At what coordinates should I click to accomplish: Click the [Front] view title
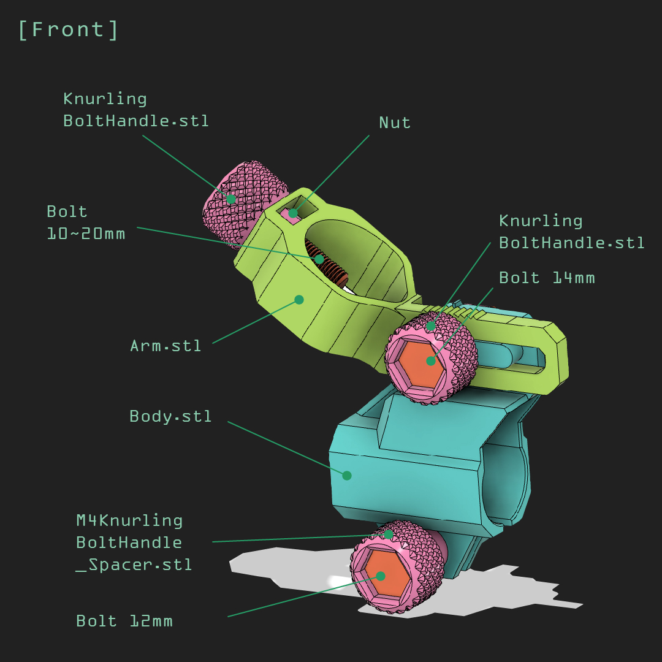point(68,30)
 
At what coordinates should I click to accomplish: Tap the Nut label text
point(395,123)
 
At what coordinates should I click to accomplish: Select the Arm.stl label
point(165,346)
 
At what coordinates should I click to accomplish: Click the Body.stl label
point(170,416)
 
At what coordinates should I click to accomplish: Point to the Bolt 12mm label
point(124,621)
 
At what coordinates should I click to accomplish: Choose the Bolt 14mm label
point(547,278)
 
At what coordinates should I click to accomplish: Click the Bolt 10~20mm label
point(86,223)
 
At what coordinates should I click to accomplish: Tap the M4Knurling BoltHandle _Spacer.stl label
point(134,542)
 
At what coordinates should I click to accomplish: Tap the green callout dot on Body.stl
point(346,476)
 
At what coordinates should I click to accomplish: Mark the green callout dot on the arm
point(299,300)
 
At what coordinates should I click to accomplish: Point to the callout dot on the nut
point(293,213)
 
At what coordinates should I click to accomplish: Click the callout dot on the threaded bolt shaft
point(319,259)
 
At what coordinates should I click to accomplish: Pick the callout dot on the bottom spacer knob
point(389,535)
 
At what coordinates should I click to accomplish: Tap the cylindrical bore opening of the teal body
point(506,481)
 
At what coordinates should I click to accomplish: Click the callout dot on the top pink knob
point(231,199)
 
